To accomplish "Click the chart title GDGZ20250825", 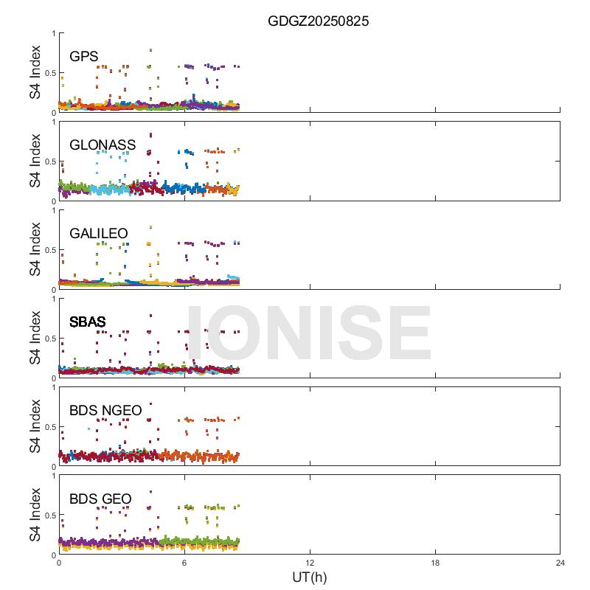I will tap(318, 21).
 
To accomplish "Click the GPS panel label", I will tap(84, 57).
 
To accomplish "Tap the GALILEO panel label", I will tap(99, 234).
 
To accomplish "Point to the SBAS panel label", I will tap(88, 322).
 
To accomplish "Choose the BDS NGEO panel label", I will tap(105, 411).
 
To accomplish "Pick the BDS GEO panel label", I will tap(100, 499).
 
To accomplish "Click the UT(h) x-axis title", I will tap(309, 577).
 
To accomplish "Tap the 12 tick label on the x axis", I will tap(310, 563).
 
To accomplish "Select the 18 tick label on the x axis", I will tap(435, 563).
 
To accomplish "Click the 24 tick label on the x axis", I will tap(560, 563).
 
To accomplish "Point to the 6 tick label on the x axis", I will tap(184, 563).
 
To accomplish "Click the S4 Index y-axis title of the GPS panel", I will tap(35, 72).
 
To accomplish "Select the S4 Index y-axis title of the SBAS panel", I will tap(35, 338).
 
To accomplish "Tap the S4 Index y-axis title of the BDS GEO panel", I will tap(35, 515).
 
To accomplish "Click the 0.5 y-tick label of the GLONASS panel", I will tap(49, 162).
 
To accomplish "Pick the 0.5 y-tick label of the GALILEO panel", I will tap(49, 250).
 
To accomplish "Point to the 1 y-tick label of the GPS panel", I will tap(52, 33).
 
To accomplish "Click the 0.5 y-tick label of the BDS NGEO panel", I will tap(49, 427).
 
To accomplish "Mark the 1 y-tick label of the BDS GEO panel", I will tap(52, 476).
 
